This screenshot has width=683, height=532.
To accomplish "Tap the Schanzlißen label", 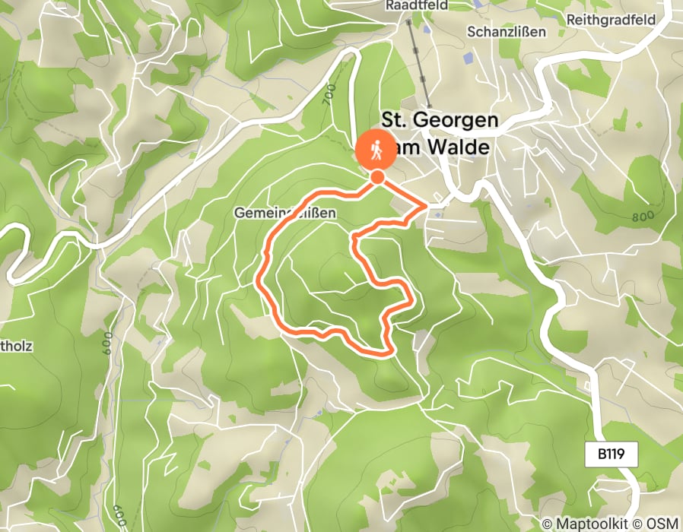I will tap(507, 32).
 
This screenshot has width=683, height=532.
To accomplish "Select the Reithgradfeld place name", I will tap(623, 19).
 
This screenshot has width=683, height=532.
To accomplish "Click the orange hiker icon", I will tap(376, 150).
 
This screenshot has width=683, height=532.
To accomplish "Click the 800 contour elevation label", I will tap(643, 217).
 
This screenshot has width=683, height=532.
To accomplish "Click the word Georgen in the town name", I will tap(454, 120).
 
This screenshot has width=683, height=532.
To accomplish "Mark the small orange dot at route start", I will tap(376, 178).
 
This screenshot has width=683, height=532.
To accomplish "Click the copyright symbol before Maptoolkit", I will tap(547, 524).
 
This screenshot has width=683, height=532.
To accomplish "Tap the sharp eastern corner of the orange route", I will tap(426, 204).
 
